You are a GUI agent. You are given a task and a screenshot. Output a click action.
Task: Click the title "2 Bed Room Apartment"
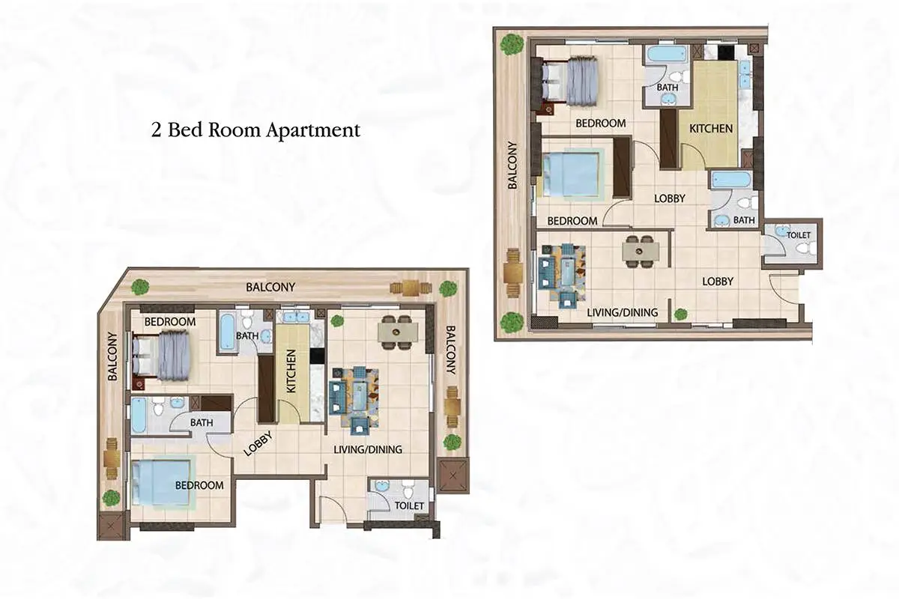point(255,130)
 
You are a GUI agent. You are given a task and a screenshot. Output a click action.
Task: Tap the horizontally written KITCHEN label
point(711,128)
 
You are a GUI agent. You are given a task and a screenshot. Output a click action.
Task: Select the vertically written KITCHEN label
point(291,371)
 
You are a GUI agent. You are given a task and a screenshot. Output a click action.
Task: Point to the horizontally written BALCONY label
point(270,287)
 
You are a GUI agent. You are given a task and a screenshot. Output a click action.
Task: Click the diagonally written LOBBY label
point(258,443)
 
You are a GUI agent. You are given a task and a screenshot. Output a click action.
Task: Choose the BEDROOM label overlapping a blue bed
point(199,485)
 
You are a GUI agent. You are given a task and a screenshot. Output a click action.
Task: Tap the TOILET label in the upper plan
point(799,234)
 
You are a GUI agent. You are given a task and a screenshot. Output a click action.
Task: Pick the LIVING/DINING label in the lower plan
point(368,449)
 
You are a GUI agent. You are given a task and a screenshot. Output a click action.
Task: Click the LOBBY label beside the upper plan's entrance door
point(718,282)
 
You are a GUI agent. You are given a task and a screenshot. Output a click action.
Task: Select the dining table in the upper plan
point(641,252)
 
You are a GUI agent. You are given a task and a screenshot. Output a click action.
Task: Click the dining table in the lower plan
point(398,332)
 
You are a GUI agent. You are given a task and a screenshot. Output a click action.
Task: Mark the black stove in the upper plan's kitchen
point(726,52)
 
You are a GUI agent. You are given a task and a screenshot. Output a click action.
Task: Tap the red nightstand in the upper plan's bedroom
point(548,109)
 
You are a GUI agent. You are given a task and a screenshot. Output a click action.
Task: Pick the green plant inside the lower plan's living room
point(338,320)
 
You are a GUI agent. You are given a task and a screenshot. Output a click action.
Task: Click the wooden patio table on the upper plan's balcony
point(514,273)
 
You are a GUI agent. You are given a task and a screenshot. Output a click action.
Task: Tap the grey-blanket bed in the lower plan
point(161,355)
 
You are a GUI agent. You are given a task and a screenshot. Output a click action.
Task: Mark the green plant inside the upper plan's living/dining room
point(680,314)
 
